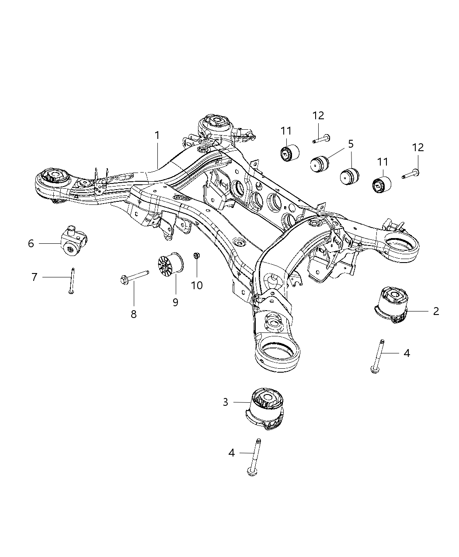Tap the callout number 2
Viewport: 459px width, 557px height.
point(436,311)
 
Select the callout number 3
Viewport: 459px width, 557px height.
point(226,402)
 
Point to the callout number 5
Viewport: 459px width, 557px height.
point(351,144)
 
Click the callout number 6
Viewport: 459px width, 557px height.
point(31,243)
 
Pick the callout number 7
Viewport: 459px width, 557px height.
point(35,277)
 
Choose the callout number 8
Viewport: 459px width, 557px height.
point(134,314)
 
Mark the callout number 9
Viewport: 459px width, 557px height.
point(175,302)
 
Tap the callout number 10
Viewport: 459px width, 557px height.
point(197,285)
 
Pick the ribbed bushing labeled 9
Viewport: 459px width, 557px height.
point(170,265)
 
